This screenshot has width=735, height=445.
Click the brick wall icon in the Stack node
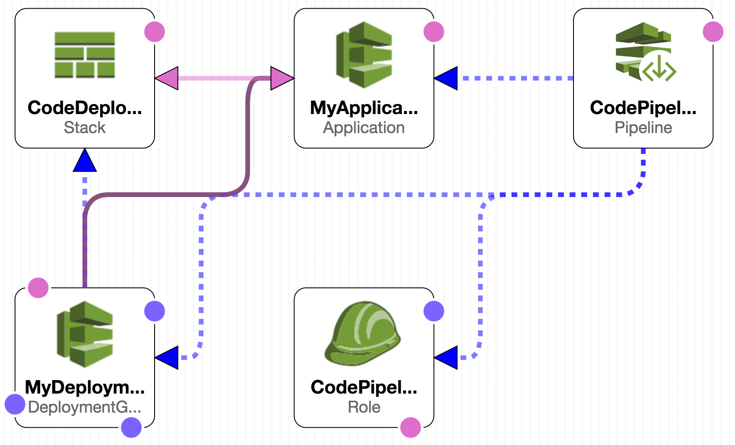[x=85, y=54]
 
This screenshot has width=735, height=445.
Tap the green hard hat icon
[x=363, y=333]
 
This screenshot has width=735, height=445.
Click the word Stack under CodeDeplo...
[x=85, y=127]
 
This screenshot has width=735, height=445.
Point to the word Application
[x=364, y=127]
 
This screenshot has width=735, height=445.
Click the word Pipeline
[x=643, y=127]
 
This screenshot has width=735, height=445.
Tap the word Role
[x=364, y=407]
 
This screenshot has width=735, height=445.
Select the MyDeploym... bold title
[x=85, y=387]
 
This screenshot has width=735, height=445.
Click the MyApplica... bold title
[x=364, y=108]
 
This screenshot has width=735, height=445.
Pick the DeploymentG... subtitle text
[x=85, y=407]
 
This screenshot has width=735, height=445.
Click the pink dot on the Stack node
[x=155, y=32]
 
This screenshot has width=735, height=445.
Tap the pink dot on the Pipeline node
[x=713, y=32]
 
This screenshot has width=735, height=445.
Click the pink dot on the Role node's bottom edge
[x=410, y=428]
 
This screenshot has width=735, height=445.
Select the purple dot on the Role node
[x=434, y=311]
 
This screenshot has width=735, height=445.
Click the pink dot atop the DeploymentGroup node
[x=38, y=288]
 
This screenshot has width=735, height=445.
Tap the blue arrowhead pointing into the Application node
[x=447, y=78]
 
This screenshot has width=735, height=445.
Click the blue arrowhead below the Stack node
[x=85, y=161]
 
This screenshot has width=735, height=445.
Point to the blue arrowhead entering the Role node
[x=447, y=358]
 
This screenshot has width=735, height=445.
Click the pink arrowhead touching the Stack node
[x=167, y=78]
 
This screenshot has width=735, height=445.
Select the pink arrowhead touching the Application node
[x=282, y=78]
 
